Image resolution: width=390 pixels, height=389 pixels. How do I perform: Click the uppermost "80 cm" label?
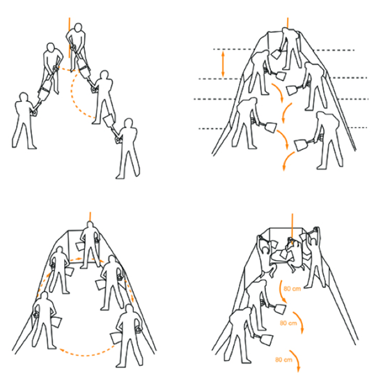pos(292,289)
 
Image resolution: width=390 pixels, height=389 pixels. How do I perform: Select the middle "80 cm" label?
pos(288,323)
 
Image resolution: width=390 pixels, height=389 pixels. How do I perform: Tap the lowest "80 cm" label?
pos(283,360)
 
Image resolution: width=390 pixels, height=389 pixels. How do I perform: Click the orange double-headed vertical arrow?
pos(223,63)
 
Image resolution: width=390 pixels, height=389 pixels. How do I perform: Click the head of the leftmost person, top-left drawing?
pos(24,98)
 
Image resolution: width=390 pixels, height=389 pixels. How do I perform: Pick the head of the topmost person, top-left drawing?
pos(78,27)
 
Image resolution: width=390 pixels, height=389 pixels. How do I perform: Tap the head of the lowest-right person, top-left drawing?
pos(129,123)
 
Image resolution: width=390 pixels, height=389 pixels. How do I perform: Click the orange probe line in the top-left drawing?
pos(70,38)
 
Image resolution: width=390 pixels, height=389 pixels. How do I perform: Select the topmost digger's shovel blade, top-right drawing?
pos(276,54)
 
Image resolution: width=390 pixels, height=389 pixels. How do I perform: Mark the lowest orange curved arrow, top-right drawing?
pos(288,161)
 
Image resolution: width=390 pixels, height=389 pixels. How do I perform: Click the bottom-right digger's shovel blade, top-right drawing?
pos(301,145)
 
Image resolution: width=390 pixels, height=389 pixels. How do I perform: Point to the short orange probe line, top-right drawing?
pos(288,23)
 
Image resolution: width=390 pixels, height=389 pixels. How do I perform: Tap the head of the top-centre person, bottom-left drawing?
pos(91,225)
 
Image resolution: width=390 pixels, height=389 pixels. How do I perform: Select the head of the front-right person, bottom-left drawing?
pos(129,308)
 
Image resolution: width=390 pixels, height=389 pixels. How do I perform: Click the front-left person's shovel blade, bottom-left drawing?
pos(56,322)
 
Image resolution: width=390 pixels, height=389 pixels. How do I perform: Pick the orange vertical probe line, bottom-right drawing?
pos(292,228)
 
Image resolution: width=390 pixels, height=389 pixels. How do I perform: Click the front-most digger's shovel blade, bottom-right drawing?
pos(265,340)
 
